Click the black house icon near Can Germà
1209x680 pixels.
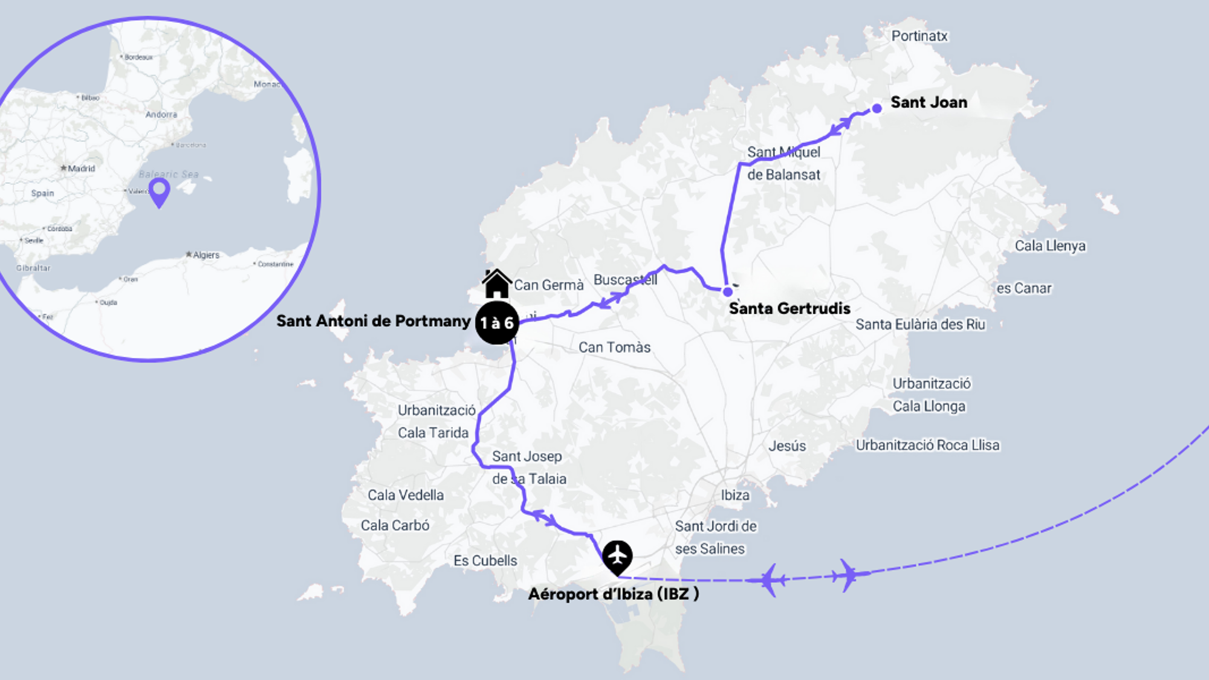point(497,283)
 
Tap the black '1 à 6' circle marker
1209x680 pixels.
point(497,323)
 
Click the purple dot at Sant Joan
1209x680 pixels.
point(877,109)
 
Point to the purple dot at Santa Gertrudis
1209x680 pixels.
point(728,292)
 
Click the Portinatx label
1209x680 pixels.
point(919,36)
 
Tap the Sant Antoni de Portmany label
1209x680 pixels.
point(373,321)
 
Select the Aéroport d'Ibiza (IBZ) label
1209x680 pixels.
point(614,594)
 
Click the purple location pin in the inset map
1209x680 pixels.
point(160,192)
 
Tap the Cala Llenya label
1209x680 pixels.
point(1050,246)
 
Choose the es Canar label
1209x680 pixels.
point(1024,288)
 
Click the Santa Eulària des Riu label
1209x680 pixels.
point(920,325)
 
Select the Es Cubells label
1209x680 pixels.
point(485,561)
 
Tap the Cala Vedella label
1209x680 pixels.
point(406,495)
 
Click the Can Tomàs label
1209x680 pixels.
point(614,348)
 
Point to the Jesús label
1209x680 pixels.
point(787,446)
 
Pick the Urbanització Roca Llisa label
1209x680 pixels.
point(927,445)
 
